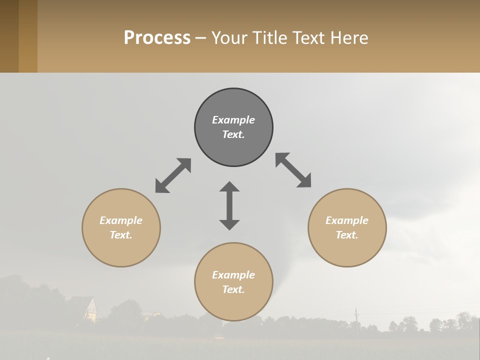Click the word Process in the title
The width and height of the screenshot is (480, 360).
pyautogui.click(x=157, y=38)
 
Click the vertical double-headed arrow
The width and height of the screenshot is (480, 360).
pyautogui.click(x=229, y=205)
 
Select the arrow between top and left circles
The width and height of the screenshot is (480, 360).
pyautogui.click(x=173, y=175)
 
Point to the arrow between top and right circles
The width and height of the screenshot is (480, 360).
pyautogui.click(x=293, y=170)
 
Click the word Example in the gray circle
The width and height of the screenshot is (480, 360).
pyautogui.click(x=233, y=120)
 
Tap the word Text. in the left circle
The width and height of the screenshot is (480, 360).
pyautogui.click(x=121, y=235)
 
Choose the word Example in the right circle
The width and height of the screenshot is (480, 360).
pyautogui.click(x=347, y=220)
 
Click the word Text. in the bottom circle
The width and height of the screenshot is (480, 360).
pyautogui.click(x=233, y=289)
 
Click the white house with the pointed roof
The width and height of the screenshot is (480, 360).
pyautogui.click(x=89, y=309)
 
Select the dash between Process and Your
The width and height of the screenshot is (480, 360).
pyautogui.click(x=200, y=38)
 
